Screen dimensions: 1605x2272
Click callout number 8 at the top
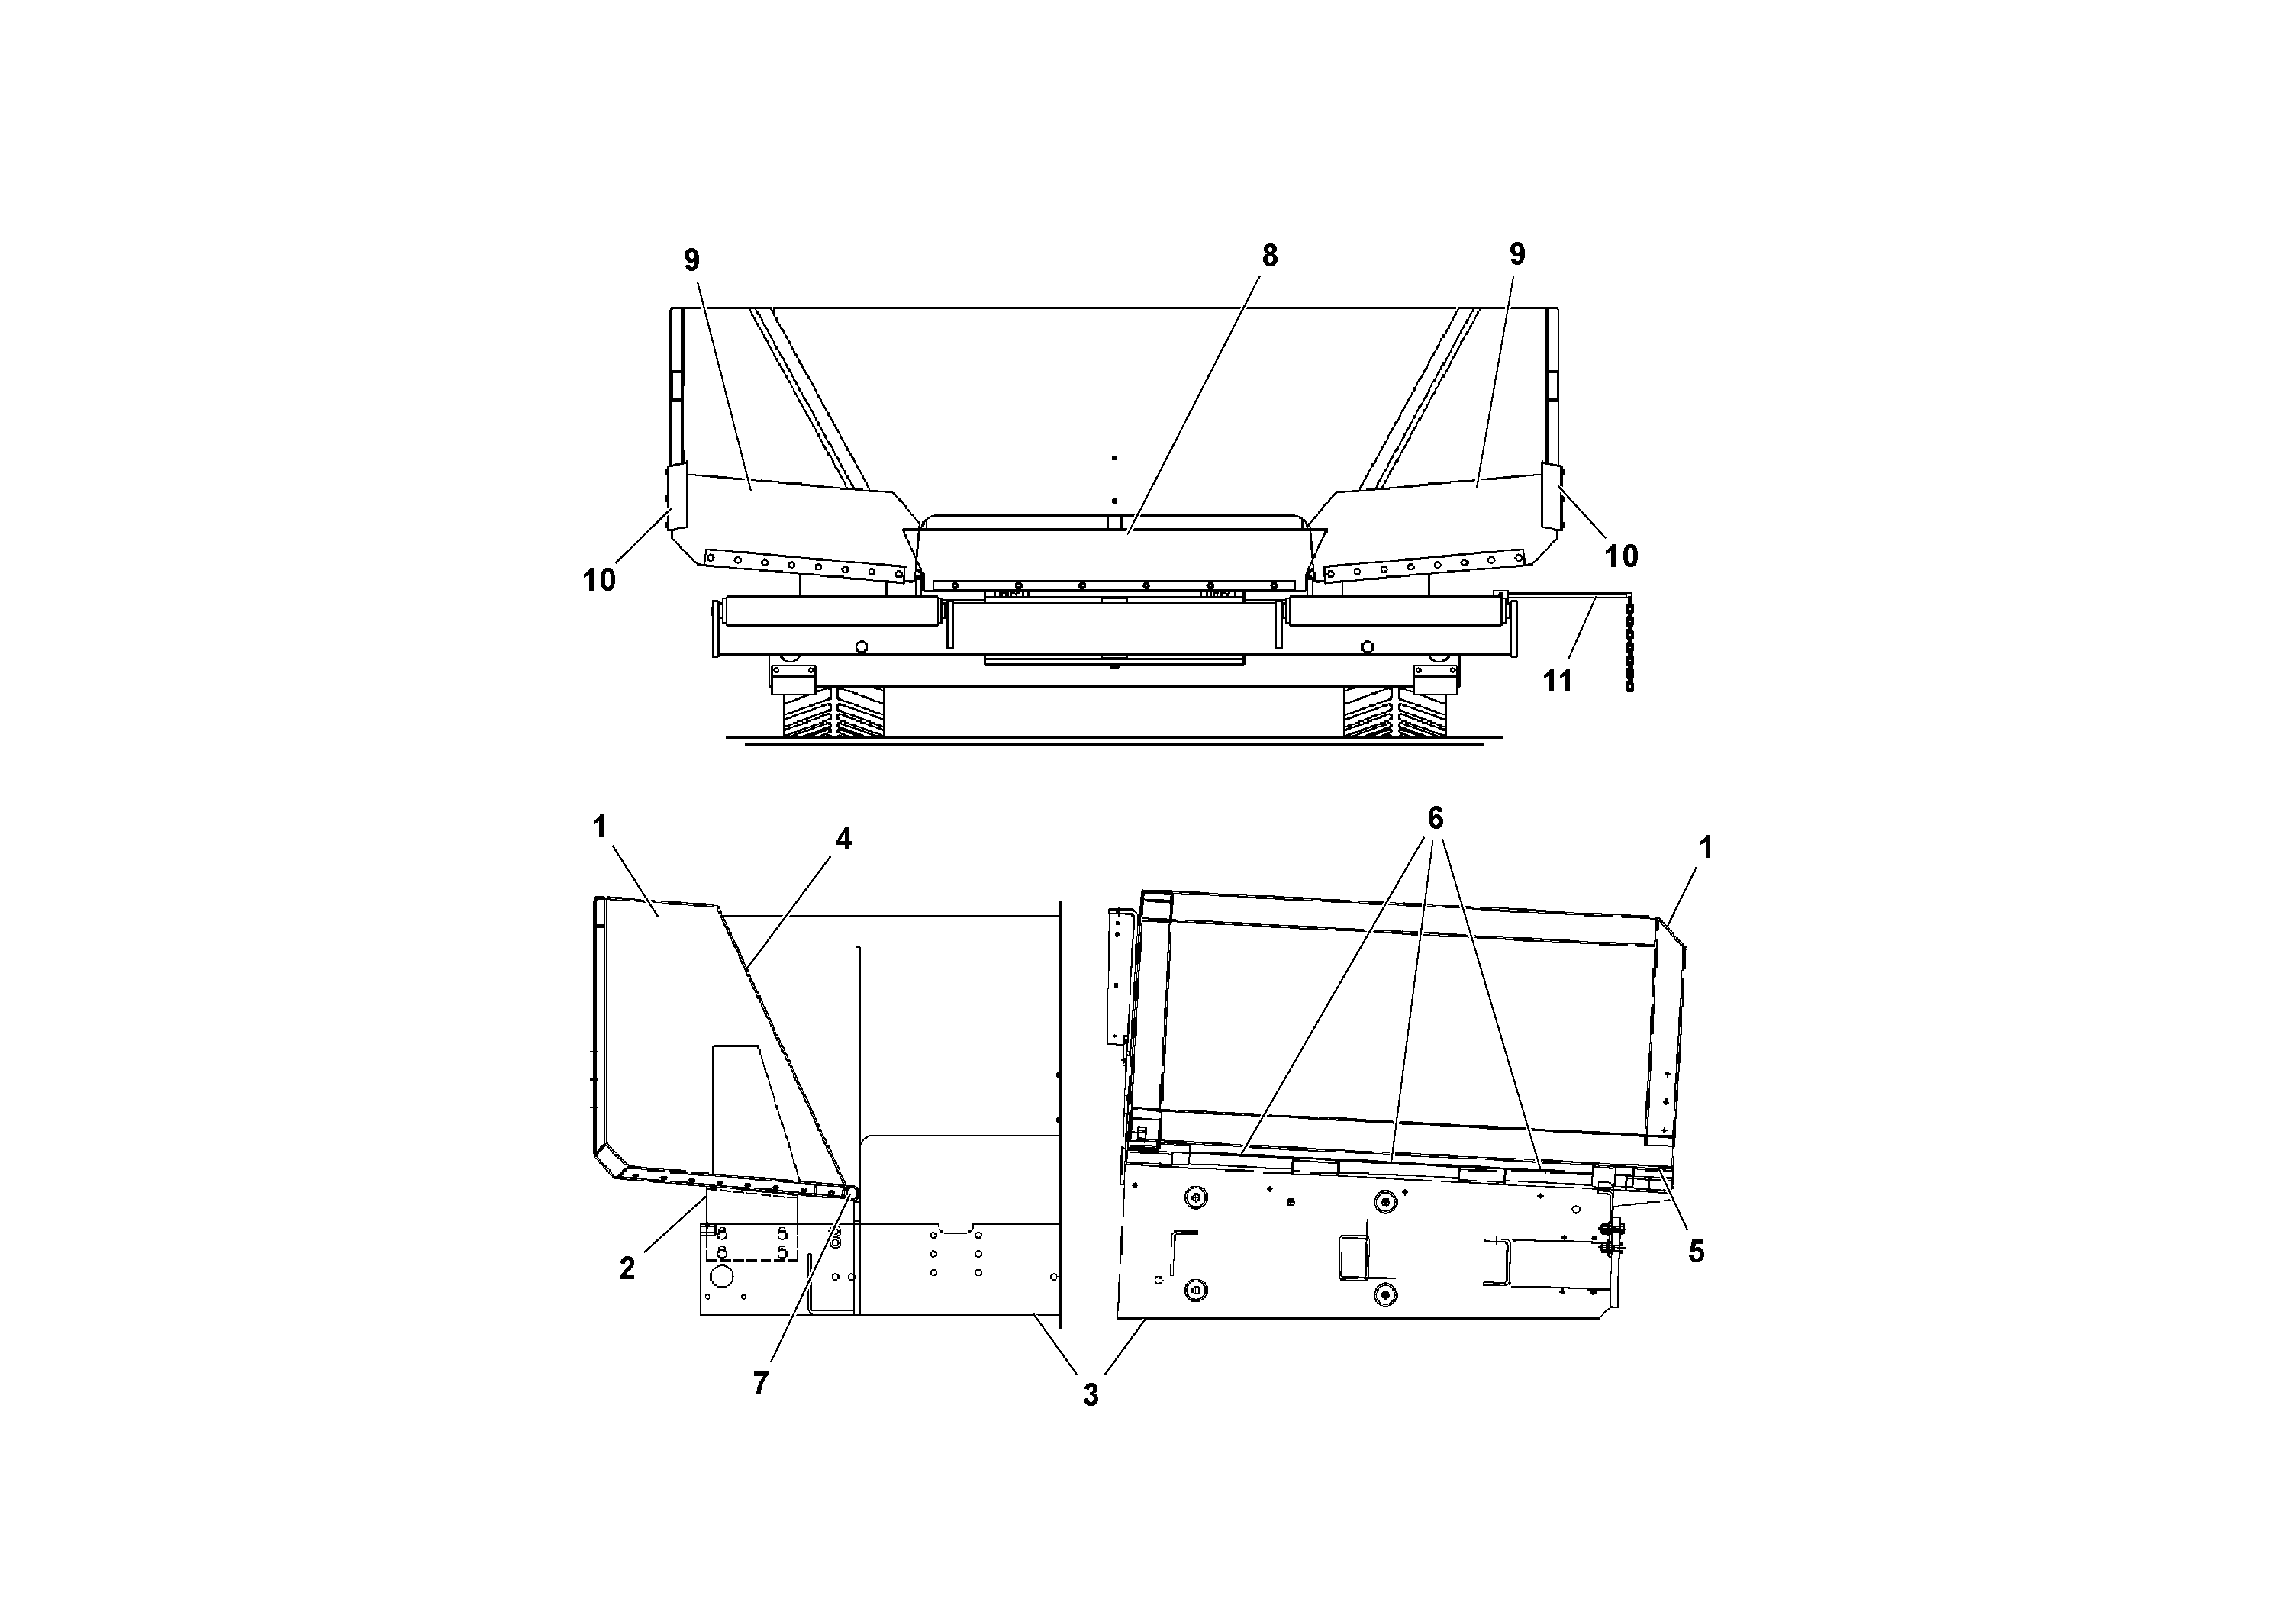point(1270,256)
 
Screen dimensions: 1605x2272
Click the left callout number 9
point(691,260)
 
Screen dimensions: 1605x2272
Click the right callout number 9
point(1517,254)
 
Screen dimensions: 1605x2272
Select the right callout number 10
point(1621,556)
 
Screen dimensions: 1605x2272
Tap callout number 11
point(1558,681)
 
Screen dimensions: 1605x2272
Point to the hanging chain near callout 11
point(1629,653)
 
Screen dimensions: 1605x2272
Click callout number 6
point(1435,818)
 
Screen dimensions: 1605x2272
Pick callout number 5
point(1696,1252)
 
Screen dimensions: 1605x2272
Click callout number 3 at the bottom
point(1091,1396)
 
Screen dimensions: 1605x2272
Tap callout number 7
point(760,1384)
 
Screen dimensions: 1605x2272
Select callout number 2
point(627,1269)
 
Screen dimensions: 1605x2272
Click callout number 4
point(843,839)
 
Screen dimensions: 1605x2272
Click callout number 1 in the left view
point(600,827)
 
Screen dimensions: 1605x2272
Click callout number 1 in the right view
point(1705,847)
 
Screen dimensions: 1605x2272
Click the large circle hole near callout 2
point(720,1278)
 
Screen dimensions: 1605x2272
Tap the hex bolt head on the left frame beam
point(861,647)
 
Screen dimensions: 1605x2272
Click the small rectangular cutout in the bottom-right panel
point(1352,1257)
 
